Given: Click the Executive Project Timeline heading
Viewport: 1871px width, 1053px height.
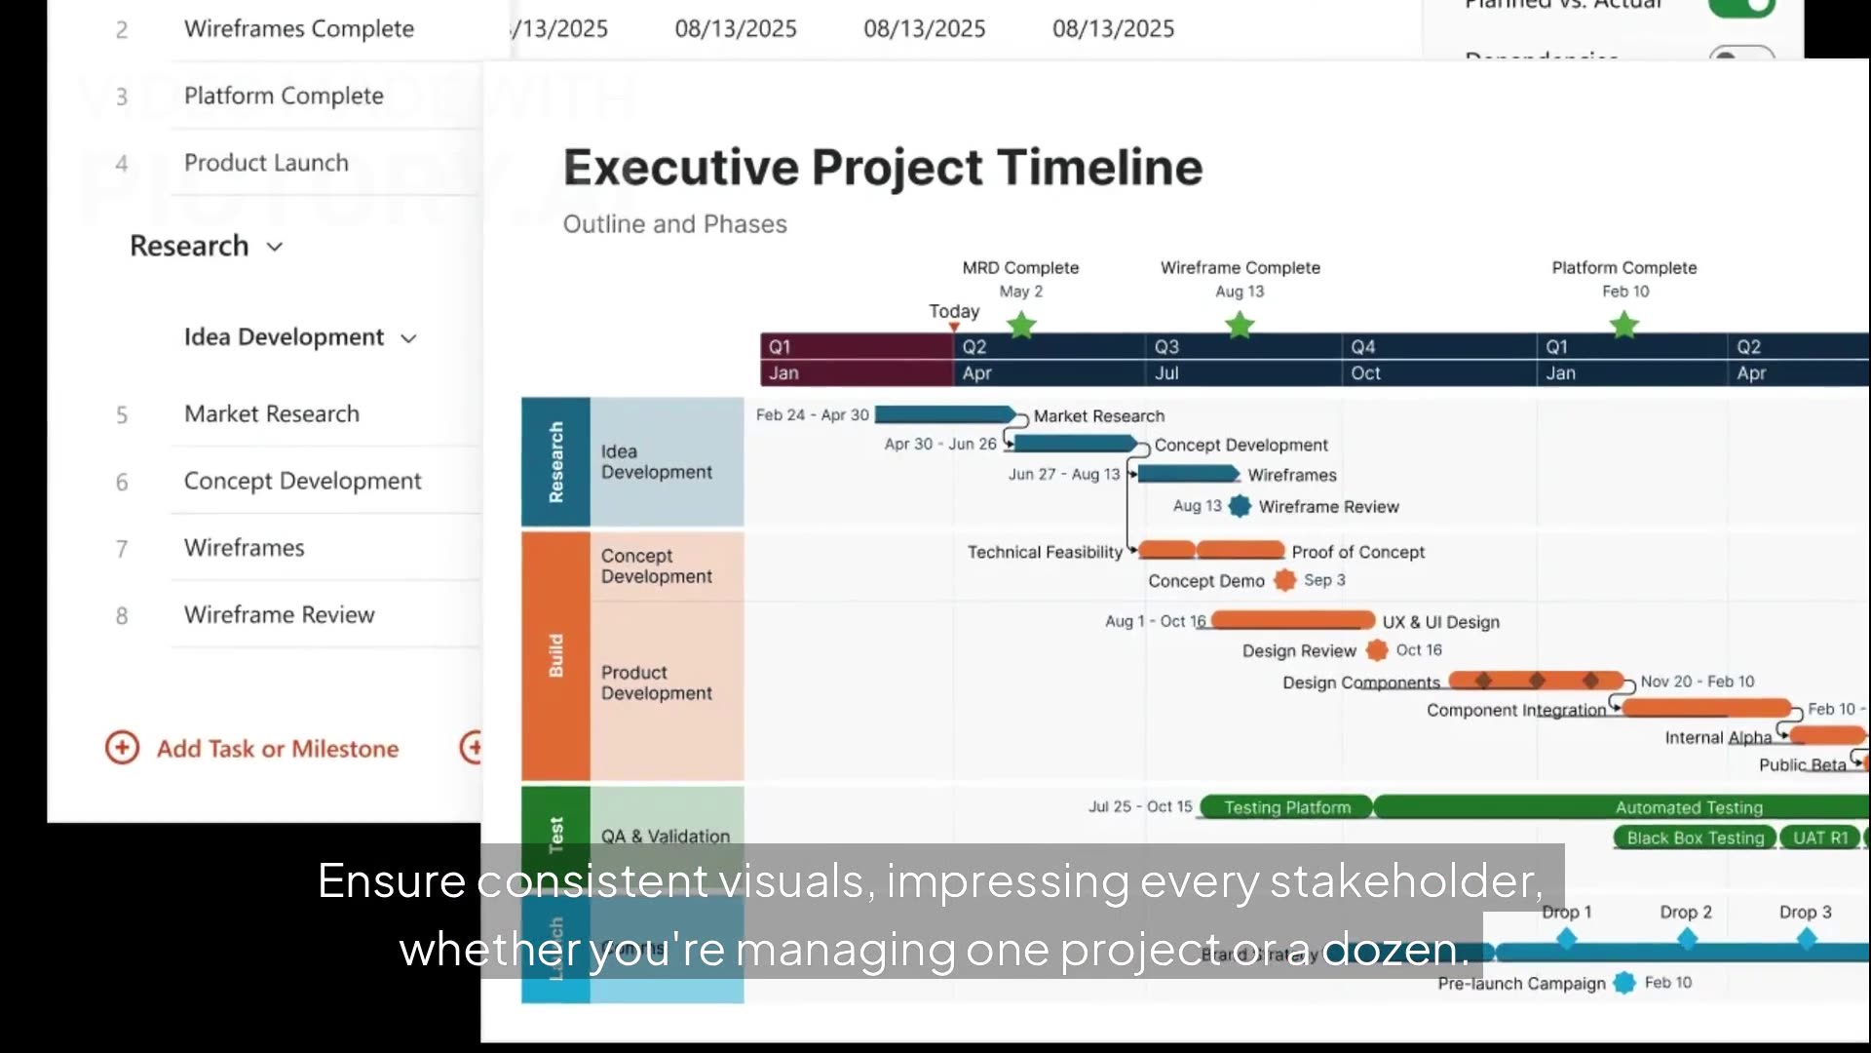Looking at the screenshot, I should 882,168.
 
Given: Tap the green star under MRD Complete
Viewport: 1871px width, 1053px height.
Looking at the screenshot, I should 1021,325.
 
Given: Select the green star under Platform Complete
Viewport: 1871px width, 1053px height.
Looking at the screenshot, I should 1624,325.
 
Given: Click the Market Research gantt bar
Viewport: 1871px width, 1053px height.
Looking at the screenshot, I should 943,415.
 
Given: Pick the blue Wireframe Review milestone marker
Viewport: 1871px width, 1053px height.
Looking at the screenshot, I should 1240,506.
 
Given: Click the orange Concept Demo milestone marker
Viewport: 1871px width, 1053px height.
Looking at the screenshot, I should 1285,580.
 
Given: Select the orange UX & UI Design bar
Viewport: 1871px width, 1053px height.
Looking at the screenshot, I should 1292,621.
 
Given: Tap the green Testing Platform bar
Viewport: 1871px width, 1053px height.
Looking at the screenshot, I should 1286,807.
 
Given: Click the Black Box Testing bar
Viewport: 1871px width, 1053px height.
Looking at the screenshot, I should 1695,838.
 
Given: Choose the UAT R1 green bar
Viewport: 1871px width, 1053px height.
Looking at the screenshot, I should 1819,838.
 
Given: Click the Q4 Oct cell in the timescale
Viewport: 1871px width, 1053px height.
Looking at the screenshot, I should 1436,360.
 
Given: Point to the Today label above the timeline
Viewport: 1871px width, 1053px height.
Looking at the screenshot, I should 953,311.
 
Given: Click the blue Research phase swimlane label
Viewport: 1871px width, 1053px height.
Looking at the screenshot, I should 555,462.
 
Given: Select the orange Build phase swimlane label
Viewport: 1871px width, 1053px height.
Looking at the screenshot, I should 555,655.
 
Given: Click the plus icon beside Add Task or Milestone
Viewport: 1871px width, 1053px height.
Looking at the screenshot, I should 123,748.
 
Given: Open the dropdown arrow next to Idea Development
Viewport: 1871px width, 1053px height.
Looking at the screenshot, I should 409,338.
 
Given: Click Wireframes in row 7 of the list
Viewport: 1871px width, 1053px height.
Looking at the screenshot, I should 245,548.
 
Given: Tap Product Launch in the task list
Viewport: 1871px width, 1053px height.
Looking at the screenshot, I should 266,163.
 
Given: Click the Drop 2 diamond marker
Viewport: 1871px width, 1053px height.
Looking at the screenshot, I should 1687,939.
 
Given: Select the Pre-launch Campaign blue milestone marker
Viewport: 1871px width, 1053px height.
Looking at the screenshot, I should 1624,983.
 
